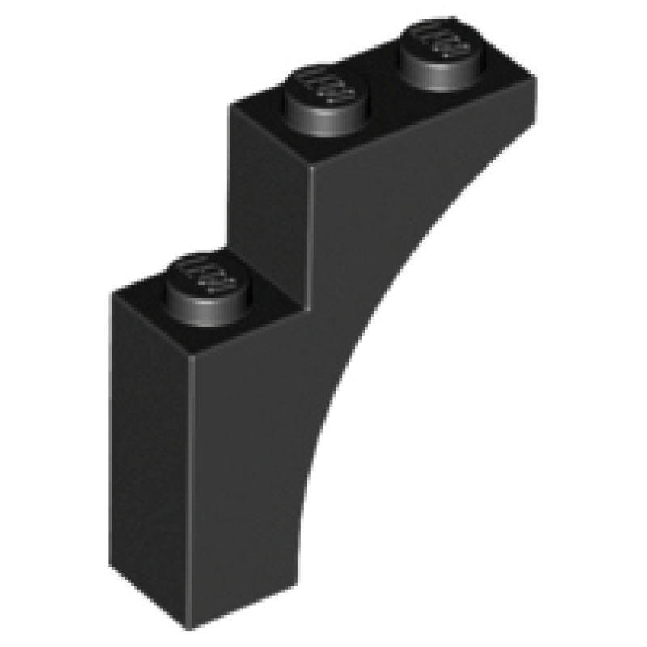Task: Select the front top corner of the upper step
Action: point(310,167)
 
